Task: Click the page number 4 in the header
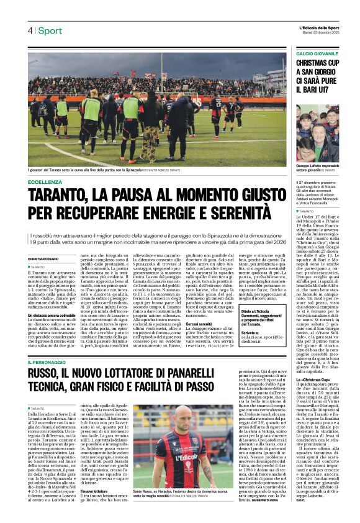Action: tap(30, 30)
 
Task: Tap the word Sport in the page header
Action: tap(50, 30)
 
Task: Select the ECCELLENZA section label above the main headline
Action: tap(46, 182)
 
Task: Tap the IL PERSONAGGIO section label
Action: tap(49, 362)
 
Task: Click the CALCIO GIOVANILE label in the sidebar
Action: tap(317, 54)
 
